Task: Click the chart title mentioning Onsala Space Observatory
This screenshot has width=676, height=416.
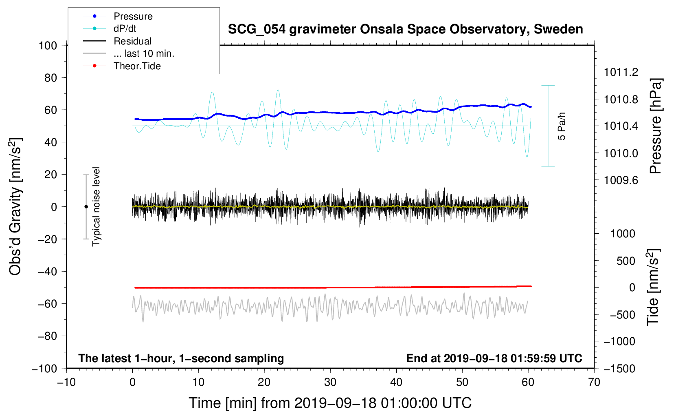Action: pos(405,29)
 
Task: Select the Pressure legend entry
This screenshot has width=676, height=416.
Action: pos(133,16)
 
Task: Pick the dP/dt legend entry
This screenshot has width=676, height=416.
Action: pos(125,29)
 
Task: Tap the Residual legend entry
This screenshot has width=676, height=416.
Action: pos(132,41)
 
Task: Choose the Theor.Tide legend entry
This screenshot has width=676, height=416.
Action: pos(137,66)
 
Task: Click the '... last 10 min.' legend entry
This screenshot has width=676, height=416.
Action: pos(144,53)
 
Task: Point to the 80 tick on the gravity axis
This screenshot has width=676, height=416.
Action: pos(50,77)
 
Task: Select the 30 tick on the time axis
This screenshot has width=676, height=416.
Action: pos(330,382)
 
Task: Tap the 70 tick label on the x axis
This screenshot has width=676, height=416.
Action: pos(594,382)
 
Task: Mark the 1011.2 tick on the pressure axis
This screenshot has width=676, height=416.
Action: pos(621,72)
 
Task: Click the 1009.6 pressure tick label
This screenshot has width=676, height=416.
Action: pos(621,180)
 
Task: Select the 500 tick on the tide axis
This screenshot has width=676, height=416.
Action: pos(626,261)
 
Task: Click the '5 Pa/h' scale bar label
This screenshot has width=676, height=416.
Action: pos(562,126)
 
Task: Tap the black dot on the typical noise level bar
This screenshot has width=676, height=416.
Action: pos(86,207)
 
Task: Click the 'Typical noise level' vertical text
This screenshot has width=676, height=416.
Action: pos(96,207)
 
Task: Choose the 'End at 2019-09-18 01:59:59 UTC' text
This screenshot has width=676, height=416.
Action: pos(494,358)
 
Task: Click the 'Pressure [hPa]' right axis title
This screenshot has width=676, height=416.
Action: pos(655,126)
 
